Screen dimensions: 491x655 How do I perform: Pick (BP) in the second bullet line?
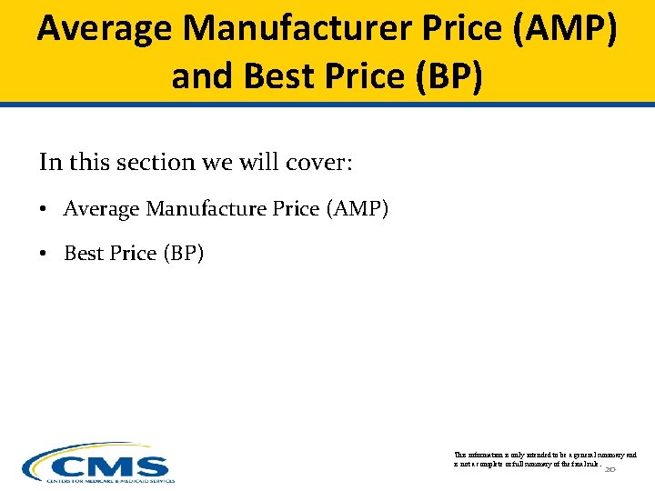pos(183,254)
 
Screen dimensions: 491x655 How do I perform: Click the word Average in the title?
pos(105,29)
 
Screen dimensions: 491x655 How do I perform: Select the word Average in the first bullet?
pos(101,209)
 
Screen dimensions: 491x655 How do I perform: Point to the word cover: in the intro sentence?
pos(323,163)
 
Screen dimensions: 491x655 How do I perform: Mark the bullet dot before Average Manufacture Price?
pos(44,210)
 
